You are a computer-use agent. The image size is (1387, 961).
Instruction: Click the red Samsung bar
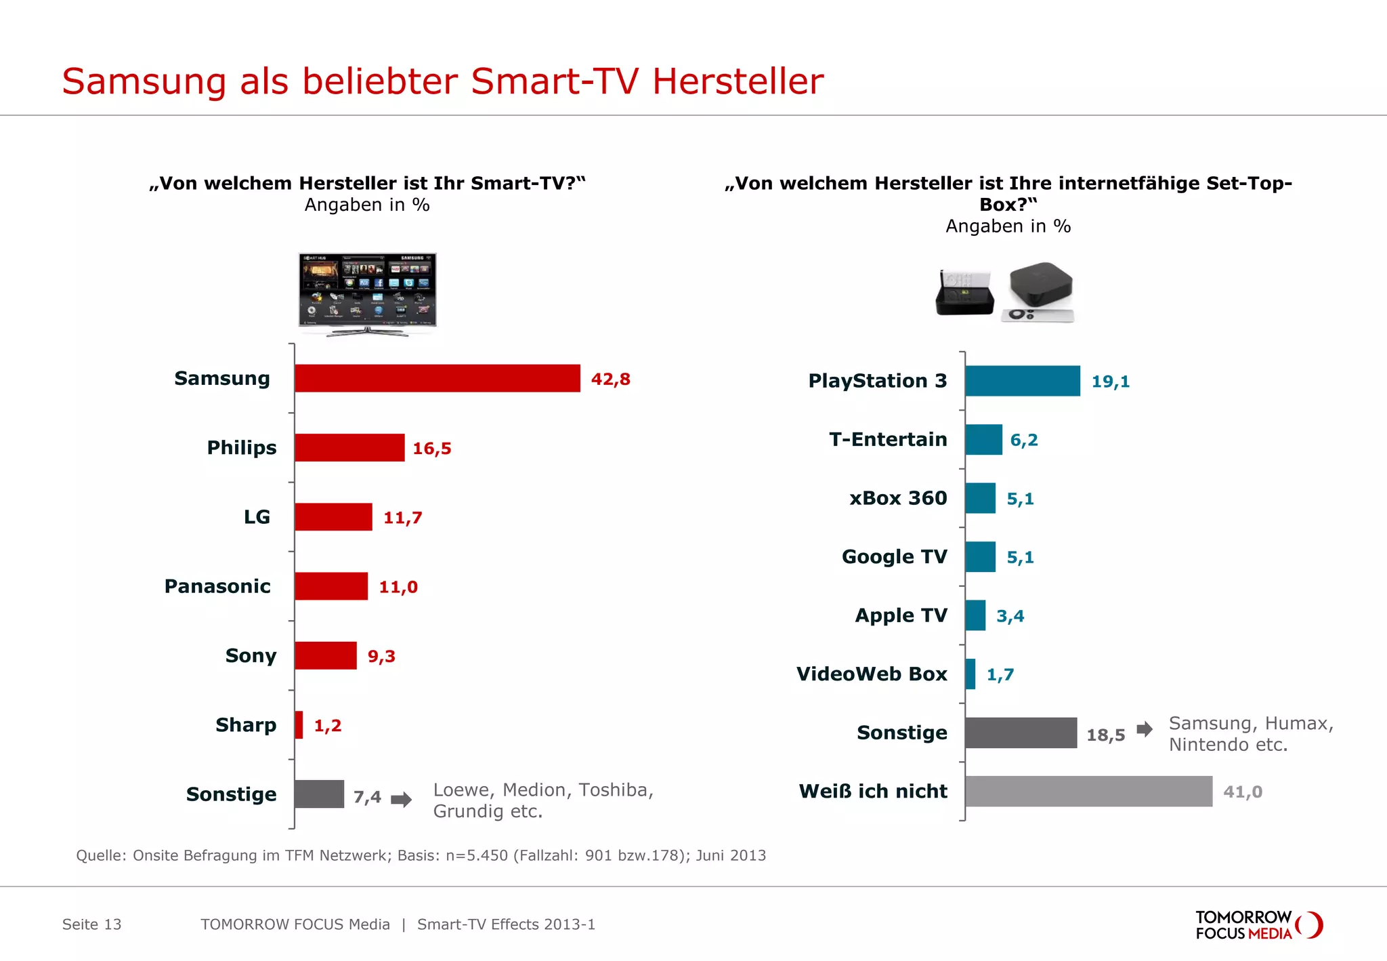438,378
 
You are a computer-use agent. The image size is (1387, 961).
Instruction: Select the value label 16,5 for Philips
431,449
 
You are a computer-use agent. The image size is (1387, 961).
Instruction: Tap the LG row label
257,517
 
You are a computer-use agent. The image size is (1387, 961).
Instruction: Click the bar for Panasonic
331,586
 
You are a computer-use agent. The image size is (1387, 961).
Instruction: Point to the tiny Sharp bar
299,725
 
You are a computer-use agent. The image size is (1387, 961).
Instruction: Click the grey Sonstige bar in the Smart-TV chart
319,794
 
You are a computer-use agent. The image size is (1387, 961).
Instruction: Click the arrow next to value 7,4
402,799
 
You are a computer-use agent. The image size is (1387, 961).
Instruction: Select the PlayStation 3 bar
1023,381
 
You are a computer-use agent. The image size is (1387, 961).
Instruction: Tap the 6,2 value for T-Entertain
1023,440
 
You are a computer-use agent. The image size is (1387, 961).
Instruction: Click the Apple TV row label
901,615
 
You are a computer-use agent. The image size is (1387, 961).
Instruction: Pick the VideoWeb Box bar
970,674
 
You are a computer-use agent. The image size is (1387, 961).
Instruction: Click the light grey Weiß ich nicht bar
1088,791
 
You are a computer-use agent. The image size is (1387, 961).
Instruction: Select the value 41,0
1242,792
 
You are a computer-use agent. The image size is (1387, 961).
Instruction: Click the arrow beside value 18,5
1145,730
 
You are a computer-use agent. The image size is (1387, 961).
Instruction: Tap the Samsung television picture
368,291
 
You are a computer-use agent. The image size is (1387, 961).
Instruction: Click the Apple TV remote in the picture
1038,315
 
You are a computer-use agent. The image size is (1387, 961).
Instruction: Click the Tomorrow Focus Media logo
1258,925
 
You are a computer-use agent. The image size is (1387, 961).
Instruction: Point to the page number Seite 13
91,924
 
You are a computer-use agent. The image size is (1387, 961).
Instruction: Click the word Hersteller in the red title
738,81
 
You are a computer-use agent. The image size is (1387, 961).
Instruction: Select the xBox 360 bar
980,498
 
